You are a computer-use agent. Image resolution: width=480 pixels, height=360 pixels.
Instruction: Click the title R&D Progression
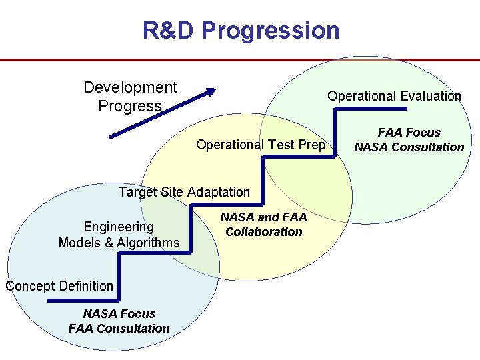(x=241, y=30)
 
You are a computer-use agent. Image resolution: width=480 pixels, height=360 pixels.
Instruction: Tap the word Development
(x=130, y=87)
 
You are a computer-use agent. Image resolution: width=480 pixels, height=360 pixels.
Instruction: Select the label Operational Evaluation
(x=394, y=96)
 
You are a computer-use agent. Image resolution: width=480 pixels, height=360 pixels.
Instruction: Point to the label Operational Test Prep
(x=261, y=145)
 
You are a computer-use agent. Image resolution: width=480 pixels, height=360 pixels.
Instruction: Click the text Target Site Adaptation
(x=184, y=192)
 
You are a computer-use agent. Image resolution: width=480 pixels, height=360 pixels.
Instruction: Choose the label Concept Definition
(x=59, y=286)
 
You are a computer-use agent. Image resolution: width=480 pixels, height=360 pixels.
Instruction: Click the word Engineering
(x=119, y=227)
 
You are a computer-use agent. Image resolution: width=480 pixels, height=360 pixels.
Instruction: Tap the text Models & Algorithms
(x=119, y=243)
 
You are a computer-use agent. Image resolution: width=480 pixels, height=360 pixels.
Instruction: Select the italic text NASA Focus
(x=119, y=313)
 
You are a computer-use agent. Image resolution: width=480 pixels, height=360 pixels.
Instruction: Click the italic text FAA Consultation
(x=119, y=328)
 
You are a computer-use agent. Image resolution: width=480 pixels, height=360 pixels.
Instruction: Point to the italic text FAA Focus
(x=409, y=133)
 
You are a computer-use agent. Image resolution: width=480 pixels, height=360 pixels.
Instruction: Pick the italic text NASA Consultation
(x=409, y=147)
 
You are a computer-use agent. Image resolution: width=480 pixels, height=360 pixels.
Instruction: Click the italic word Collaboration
(x=264, y=232)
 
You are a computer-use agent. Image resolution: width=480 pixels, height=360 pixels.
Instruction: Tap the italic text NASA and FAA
(x=264, y=217)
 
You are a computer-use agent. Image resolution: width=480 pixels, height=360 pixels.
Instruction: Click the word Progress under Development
(x=130, y=106)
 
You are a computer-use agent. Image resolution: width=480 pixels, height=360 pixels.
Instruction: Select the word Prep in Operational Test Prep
(x=313, y=145)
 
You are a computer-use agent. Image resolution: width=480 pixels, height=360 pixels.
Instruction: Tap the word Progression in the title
(x=270, y=30)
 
